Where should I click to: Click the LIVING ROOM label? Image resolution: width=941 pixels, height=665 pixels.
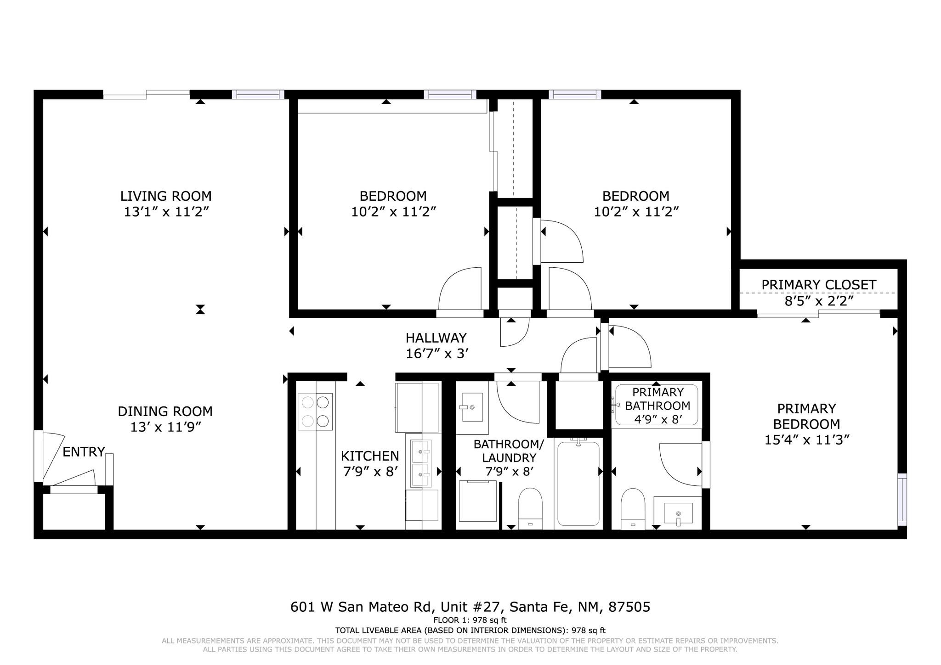[166, 196]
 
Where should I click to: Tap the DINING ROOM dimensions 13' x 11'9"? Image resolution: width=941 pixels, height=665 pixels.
[166, 427]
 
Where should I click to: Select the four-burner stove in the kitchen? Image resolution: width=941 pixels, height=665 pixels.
[315, 411]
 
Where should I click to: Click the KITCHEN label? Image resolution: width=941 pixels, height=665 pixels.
[370, 456]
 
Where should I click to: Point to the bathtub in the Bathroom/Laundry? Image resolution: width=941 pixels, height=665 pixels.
[578, 483]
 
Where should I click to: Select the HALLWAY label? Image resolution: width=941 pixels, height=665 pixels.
[436, 338]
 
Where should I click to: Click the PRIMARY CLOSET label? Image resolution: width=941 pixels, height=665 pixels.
[819, 285]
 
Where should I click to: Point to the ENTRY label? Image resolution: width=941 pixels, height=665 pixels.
[84, 452]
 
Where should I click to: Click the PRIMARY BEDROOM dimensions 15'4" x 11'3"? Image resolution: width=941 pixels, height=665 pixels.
[806, 440]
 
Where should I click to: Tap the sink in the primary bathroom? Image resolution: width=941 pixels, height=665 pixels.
[678, 510]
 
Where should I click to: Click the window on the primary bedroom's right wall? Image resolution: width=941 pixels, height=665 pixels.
[902, 499]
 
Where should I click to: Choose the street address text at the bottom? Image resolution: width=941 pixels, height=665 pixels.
[470, 607]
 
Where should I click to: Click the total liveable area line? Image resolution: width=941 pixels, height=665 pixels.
[470, 631]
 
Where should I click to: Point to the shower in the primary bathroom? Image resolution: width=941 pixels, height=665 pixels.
[657, 405]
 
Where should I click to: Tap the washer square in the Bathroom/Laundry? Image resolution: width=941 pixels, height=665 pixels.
[478, 501]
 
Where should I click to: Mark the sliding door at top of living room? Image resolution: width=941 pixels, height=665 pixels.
[146, 95]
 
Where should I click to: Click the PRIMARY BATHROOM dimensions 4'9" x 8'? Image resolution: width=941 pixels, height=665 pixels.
[657, 419]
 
